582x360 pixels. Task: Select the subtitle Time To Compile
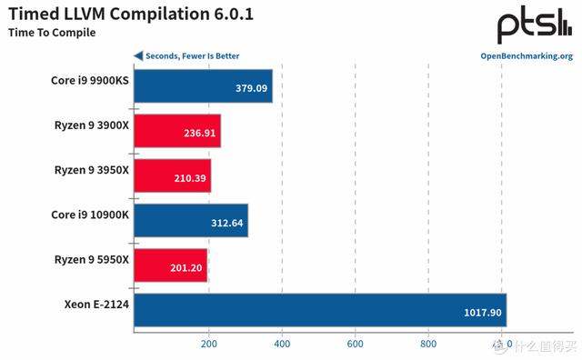coord(52,34)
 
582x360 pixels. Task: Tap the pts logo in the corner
coord(535,25)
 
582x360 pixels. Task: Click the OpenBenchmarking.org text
coord(526,55)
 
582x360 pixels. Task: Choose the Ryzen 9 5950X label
coord(92,259)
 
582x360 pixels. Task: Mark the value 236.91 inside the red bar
coord(196,134)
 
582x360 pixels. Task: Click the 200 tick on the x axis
coord(208,344)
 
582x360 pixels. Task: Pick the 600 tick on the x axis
coord(356,344)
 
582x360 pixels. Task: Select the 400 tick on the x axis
coord(282,344)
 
